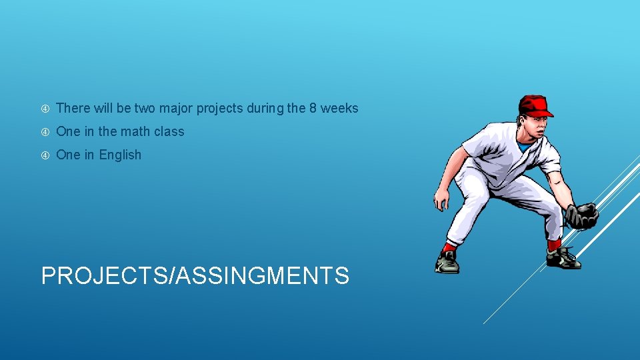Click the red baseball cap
tap(535, 105)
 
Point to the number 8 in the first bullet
tap(313, 108)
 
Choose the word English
tap(120, 155)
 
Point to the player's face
tap(533, 125)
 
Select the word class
tap(169, 131)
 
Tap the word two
tap(144, 108)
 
